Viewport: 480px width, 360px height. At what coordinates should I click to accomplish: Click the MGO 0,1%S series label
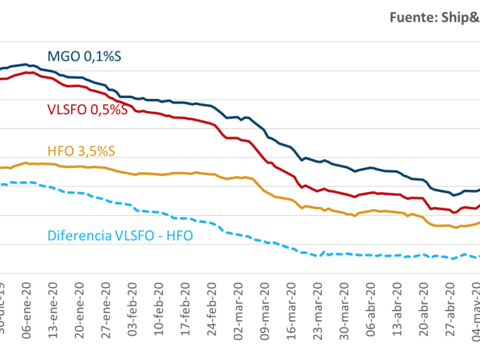pos(85,55)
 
